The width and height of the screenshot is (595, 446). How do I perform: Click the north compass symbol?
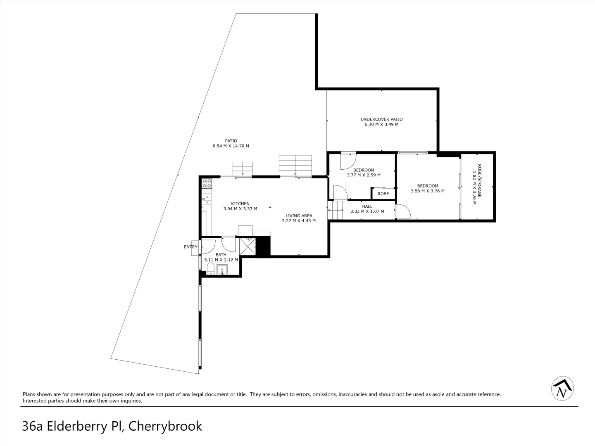pyautogui.click(x=562, y=389)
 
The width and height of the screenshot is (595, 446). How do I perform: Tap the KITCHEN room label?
pyautogui.click(x=240, y=204)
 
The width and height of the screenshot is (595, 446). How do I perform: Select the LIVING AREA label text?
pyautogui.click(x=299, y=216)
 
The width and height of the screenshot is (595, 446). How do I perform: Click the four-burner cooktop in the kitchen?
pyautogui.click(x=207, y=183)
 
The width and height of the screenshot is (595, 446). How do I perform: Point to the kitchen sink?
pyautogui.click(x=207, y=199)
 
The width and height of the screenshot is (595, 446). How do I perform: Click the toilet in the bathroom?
pyautogui.click(x=211, y=269)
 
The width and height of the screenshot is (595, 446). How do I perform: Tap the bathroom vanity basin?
pyautogui.click(x=222, y=270)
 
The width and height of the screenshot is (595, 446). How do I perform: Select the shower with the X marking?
pyautogui.click(x=248, y=247)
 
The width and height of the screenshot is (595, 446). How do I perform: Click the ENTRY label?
pyautogui.click(x=190, y=247)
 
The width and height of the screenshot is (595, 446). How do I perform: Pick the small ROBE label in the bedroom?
pyautogui.click(x=383, y=194)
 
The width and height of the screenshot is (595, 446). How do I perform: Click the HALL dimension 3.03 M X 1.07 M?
pyautogui.click(x=367, y=211)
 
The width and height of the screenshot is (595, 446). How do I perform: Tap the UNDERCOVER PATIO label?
pyautogui.click(x=381, y=119)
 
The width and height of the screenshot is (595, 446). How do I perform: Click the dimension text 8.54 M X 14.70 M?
pyautogui.click(x=231, y=146)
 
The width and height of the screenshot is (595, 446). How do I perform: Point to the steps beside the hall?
pyautogui.click(x=336, y=210)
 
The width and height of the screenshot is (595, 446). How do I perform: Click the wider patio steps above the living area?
pyautogui.click(x=295, y=165)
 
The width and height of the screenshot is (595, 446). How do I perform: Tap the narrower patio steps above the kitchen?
pyautogui.click(x=242, y=169)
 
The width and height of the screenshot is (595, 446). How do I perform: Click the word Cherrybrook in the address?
pyautogui.click(x=165, y=426)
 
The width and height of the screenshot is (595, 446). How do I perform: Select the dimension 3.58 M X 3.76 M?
pyautogui.click(x=427, y=191)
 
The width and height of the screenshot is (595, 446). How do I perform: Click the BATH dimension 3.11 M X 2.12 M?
pyautogui.click(x=221, y=260)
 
